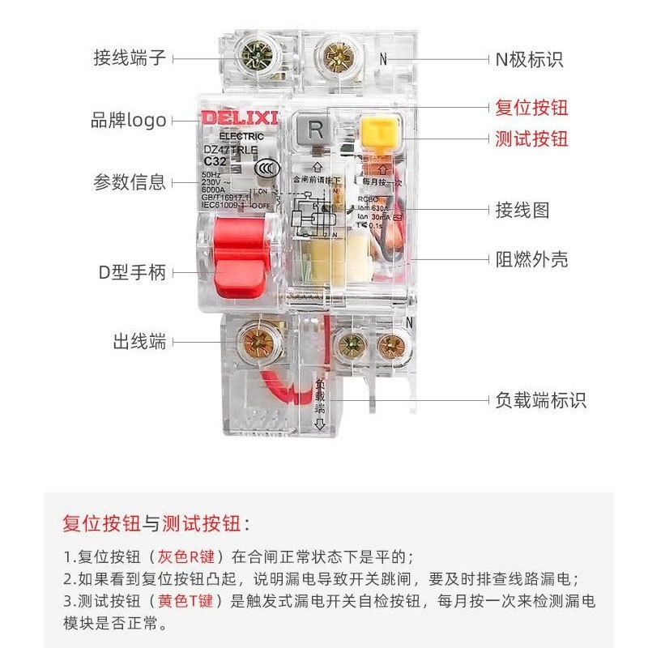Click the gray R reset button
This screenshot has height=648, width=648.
click(316, 130)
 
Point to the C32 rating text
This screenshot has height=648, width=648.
click(215, 160)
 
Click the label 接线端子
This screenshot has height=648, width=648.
click(130, 58)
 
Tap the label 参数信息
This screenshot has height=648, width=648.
click(130, 181)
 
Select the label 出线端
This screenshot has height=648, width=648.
click(139, 342)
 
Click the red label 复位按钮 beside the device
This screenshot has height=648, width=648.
click(531, 108)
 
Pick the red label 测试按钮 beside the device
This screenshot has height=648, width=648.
click(531, 139)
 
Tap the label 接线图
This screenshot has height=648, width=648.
click(522, 211)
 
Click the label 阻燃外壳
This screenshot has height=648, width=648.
click(531, 259)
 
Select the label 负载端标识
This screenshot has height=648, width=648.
click(540, 401)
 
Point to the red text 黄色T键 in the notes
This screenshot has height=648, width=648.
click(189, 601)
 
